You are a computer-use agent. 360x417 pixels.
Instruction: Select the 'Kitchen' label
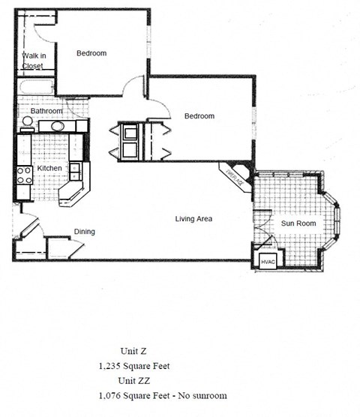[49, 169]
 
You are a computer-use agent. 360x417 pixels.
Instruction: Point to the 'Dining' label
[84, 232]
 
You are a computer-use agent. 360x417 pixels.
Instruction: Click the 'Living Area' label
[194, 219]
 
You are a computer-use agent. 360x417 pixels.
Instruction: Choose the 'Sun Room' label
[298, 223]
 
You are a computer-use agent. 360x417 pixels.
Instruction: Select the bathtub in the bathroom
[35, 88]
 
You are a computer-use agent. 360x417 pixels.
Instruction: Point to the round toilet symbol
[27, 121]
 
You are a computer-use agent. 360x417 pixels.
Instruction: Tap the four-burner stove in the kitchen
[24, 175]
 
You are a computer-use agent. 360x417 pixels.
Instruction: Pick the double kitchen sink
[76, 171]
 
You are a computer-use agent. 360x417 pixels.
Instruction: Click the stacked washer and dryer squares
[130, 141]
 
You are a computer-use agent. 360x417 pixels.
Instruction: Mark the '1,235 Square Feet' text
[134, 367]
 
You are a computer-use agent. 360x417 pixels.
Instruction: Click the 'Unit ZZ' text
[135, 381]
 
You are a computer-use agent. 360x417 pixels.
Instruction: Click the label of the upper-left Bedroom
[91, 53]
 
